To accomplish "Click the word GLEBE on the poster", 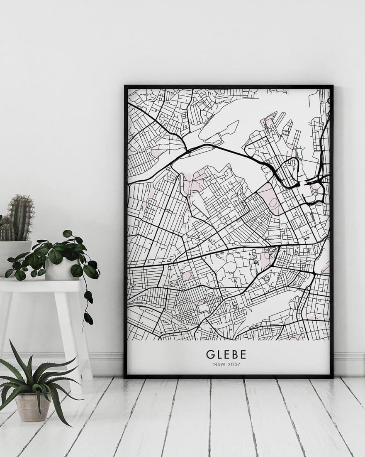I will [226, 354].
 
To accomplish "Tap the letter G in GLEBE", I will [210, 354].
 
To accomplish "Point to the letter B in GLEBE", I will [235, 354].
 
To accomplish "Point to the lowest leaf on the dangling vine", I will [88, 318].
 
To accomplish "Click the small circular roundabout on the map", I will [315, 192].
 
